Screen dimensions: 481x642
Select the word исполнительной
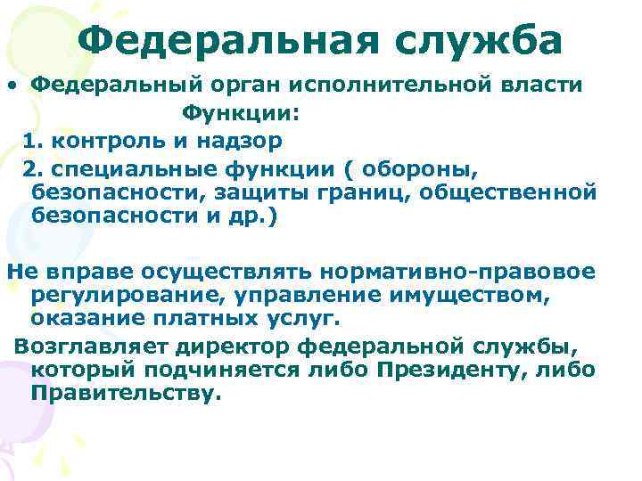click(x=407, y=85)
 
